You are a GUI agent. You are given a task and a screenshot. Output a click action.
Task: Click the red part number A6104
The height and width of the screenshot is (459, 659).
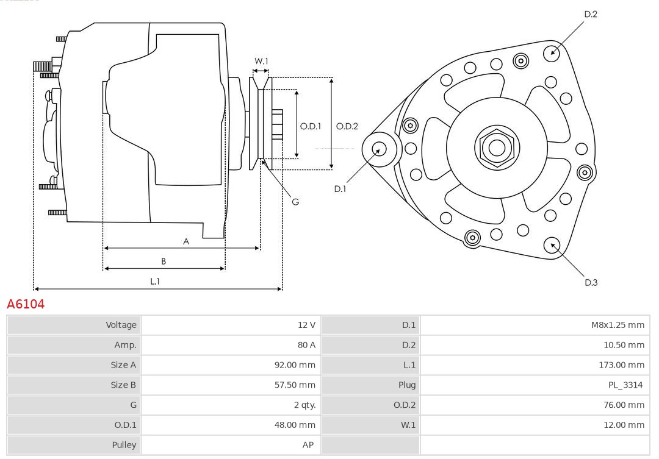coord(26,304)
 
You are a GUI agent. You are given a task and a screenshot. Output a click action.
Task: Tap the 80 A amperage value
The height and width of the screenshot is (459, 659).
coord(306,345)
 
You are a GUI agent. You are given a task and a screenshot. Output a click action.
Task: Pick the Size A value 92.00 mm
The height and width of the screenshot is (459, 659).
coord(295,365)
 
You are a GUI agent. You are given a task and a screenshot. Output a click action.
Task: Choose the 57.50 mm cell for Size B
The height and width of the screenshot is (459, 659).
coord(295,385)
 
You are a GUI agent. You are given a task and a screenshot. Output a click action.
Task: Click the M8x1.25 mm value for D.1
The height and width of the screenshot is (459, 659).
coord(617,325)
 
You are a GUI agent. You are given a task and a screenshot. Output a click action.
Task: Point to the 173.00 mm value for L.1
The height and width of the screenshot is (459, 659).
coord(621,365)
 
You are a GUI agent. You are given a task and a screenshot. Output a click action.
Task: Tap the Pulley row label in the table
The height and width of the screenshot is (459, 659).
coord(124,445)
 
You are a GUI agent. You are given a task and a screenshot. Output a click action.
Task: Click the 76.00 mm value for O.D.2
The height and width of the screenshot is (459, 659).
coord(624,405)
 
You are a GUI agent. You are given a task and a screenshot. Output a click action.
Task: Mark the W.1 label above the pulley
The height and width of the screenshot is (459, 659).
coord(261,61)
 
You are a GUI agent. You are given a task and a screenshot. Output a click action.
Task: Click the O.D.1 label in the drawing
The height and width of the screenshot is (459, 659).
coord(310,126)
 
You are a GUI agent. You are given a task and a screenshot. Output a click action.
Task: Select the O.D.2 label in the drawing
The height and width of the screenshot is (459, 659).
coord(347,126)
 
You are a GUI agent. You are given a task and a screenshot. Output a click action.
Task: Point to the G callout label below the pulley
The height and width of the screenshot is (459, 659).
coord(295,201)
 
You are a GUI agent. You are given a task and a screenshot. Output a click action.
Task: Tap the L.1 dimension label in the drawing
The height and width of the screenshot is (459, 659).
coord(155,281)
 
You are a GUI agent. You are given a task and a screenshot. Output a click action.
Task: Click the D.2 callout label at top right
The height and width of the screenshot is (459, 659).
coord(591,14)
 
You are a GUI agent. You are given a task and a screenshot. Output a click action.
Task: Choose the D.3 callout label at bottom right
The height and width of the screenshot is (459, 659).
coord(591,282)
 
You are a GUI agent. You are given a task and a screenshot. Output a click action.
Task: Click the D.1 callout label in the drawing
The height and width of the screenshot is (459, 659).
coord(340,189)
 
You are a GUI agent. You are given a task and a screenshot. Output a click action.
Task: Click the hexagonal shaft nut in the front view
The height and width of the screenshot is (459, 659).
coord(496,147)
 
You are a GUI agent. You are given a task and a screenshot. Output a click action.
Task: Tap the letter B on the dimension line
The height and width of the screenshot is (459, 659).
coord(164,261)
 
